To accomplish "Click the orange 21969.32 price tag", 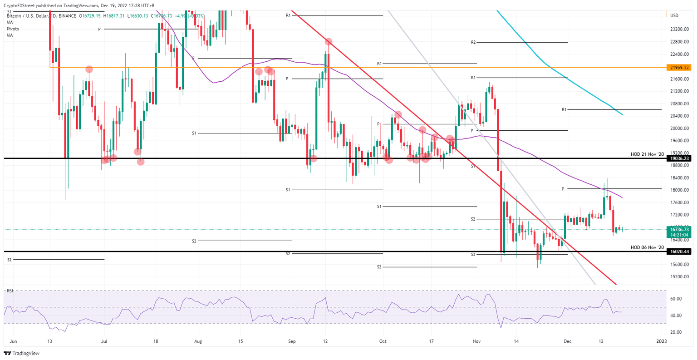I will click(679, 67).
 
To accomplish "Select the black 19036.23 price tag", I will click(679, 158).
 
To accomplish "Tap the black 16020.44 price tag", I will click(679, 251).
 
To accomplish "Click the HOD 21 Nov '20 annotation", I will click(647, 154).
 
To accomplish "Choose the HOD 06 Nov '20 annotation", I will click(647, 247).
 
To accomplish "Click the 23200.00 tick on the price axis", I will click(679, 29).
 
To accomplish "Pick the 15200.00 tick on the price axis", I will click(679, 276).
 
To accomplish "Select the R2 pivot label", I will click(473, 42).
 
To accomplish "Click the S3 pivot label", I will click(473, 255).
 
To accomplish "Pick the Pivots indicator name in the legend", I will click(13, 29).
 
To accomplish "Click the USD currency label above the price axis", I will click(674, 15).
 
